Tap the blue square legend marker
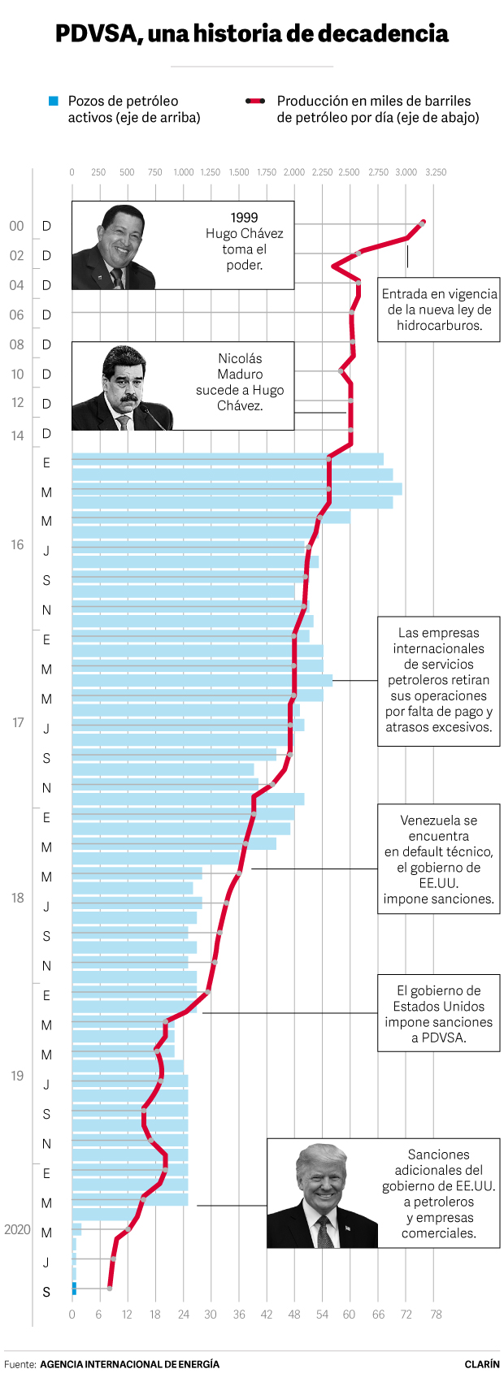point(53,101)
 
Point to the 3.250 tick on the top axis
point(436,172)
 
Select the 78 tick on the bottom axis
point(436,1315)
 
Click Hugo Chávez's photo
point(114,246)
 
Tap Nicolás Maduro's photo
point(122,388)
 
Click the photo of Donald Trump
point(322,1194)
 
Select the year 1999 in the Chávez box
point(244,218)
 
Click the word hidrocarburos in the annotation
point(438,326)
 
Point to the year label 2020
point(17,1229)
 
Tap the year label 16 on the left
point(17,544)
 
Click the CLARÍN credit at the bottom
point(482,1364)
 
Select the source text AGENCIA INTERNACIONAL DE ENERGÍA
point(129,1364)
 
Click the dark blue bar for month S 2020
point(74,1289)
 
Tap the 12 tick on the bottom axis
point(127,1315)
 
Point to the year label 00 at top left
point(16,226)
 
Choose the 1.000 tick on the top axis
point(184,172)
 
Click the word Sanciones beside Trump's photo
point(438,1155)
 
